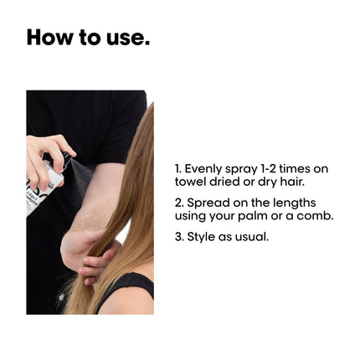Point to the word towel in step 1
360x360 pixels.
click(x=191, y=182)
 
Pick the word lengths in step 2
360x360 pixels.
click(x=295, y=203)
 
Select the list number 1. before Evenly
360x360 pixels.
click(x=178, y=168)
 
